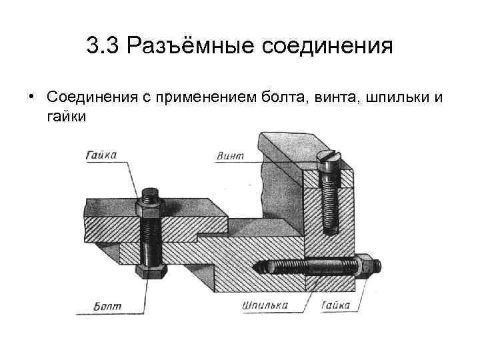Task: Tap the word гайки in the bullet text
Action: (x=66, y=116)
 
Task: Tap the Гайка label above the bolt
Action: (x=101, y=155)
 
